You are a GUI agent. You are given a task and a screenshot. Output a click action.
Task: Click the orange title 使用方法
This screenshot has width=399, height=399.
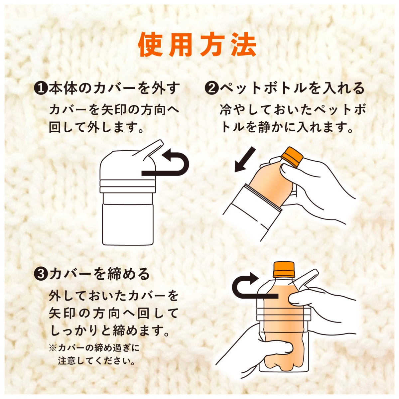point(198,45)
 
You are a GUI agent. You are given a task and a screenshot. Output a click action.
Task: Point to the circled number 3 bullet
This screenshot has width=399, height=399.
point(41,275)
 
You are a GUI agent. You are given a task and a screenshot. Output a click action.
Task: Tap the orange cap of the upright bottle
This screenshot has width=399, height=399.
point(284,270)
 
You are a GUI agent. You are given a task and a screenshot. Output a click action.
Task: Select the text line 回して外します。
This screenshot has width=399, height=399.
point(96,127)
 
